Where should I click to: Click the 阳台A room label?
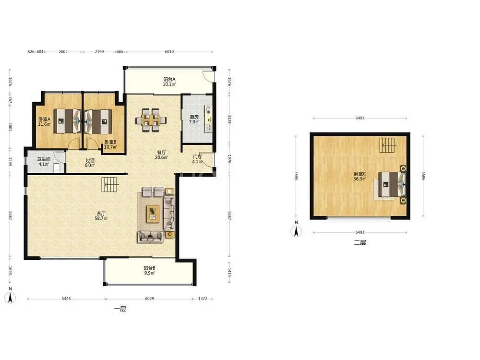click(x=169, y=82)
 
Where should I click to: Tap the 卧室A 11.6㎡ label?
click(x=44, y=122)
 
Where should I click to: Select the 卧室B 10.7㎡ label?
click(x=110, y=144)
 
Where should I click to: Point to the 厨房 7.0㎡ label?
click(x=194, y=120)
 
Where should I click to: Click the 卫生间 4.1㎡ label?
click(x=44, y=162)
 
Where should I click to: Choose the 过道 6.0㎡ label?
click(x=90, y=163)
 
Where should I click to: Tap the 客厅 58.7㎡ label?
click(x=101, y=216)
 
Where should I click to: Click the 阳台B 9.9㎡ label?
click(x=149, y=270)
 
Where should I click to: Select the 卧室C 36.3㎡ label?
click(x=360, y=176)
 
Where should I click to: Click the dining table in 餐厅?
click(x=151, y=120)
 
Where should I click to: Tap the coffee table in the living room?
click(x=153, y=214)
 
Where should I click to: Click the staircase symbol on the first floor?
click(x=109, y=184)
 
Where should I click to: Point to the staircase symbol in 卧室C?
click(x=388, y=145)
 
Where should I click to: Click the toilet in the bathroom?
click(x=57, y=168)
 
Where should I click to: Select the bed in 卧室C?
click(x=392, y=184)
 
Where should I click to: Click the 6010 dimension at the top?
click(x=169, y=52)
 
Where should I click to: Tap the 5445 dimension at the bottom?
click(x=66, y=299)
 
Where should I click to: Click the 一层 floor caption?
click(x=120, y=309)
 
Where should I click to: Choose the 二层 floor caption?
click(x=360, y=243)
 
